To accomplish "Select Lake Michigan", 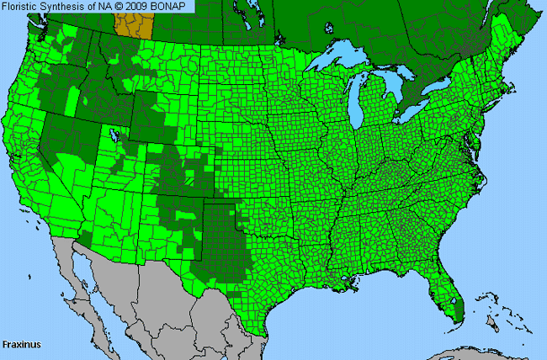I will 363,104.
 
